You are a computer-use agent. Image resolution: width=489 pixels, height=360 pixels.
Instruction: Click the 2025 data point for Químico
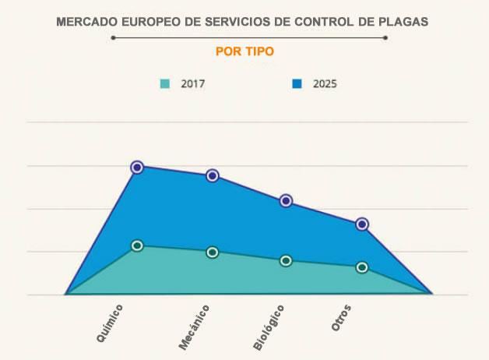tap(137, 167)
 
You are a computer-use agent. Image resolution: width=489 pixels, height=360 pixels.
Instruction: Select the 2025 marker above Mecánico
tap(212, 175)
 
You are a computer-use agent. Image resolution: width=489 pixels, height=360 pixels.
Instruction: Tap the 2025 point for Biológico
tap(286, 200)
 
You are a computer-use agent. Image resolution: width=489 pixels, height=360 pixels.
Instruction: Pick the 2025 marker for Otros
tap(361, 224)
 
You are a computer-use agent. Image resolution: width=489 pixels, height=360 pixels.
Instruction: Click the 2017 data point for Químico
tap(137, 245)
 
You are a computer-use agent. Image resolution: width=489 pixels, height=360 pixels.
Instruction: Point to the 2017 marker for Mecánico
tap(212, 252)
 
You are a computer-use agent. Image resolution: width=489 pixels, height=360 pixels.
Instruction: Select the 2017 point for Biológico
tap(286, 260)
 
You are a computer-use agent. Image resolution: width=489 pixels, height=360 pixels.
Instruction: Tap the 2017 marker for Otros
tap(361, 267)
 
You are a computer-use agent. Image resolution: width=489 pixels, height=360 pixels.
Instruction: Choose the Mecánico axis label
tap(195, 327)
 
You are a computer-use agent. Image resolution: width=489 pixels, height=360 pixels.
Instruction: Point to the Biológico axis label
tap(269, 327)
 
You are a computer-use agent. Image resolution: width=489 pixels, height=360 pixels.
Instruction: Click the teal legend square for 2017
tap(164, 83)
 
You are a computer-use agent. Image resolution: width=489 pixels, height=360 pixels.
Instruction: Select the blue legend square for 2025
tap(297, 83)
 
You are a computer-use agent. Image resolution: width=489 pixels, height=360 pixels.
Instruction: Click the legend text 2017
tap(192, 83)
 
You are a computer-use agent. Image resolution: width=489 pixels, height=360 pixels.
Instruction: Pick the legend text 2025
tap(325, 83)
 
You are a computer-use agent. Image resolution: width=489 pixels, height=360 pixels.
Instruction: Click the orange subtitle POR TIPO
tap(244, 51)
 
